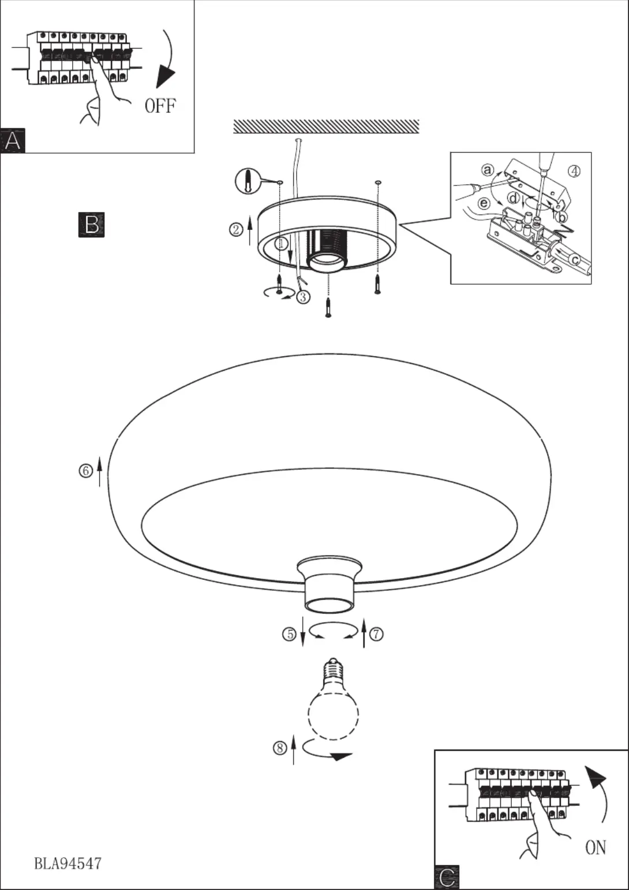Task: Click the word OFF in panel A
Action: tap(160, 106)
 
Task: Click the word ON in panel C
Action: tap(596, 847)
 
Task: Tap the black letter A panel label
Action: tap(13, 141)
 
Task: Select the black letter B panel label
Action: tap(91, 225)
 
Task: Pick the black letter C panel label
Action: tap(447, 877)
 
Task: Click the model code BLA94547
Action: tap(68, 863)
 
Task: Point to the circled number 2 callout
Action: tap(235, 230)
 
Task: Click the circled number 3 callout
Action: tap(304, 297)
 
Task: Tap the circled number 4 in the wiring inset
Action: tap(574, 171)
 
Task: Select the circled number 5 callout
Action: tap(289, 634)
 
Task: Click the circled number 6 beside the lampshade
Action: tap(85, 471)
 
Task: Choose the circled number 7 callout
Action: tap(376, 634)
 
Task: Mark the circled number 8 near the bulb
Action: tap(280, 748)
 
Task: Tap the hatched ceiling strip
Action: tap(326, 126)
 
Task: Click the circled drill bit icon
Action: tap(247, 181)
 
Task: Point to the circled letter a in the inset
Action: tap(488, 170)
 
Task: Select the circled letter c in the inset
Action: tap(575, 260)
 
